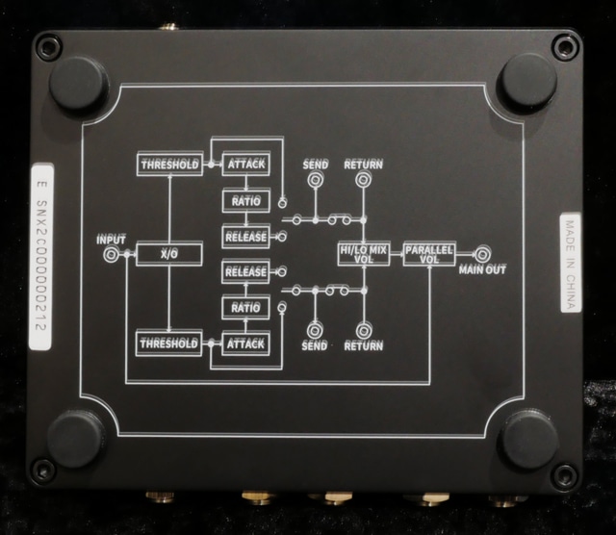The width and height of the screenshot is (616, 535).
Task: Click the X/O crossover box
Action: coord(168,253)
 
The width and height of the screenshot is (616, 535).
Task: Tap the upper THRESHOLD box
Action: coord(168,165)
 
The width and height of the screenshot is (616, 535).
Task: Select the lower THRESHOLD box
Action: coord(168,343)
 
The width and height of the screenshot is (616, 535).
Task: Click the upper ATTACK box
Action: coord(245,165)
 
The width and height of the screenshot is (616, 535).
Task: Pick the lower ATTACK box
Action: coord(245,343)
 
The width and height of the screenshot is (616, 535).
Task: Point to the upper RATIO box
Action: coord(245,200)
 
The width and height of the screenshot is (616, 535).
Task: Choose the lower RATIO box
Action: coord(245,307)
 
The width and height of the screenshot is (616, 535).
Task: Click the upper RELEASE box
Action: coord(245,236)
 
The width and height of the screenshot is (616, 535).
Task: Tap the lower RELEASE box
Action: coord(245,272)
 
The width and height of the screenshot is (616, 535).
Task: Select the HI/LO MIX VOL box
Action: coord(364,253)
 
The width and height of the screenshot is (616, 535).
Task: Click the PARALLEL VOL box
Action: coord(428,253)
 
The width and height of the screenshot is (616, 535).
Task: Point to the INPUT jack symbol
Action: coord(112,254)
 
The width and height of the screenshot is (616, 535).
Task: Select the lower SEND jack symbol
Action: coord(314,328)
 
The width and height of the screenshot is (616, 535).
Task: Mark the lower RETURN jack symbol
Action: coord(363,328)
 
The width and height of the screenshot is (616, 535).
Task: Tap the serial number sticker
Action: coord(40,261)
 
